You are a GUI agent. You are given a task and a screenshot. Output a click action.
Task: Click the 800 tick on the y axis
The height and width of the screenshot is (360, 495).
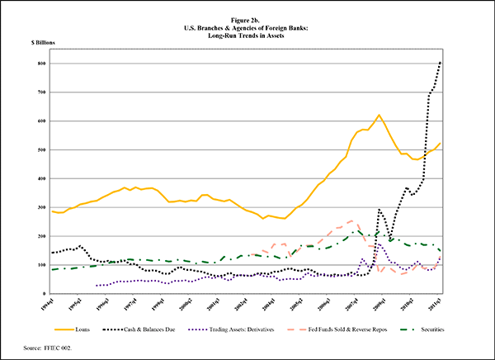pos(40,64)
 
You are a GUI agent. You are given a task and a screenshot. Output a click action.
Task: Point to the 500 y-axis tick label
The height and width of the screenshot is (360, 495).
pos(40,150)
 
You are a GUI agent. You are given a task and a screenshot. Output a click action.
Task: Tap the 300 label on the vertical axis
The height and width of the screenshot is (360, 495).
pos(40,207)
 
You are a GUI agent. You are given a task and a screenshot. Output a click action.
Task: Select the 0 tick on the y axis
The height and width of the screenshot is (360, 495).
pos(43,294)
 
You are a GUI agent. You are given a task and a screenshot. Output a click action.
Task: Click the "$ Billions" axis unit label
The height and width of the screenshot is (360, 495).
pos(44,40)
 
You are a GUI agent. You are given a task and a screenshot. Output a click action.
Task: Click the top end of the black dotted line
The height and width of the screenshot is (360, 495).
pos(441,62)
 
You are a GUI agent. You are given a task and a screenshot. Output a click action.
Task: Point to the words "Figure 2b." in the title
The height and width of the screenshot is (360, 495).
pos(247,16)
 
